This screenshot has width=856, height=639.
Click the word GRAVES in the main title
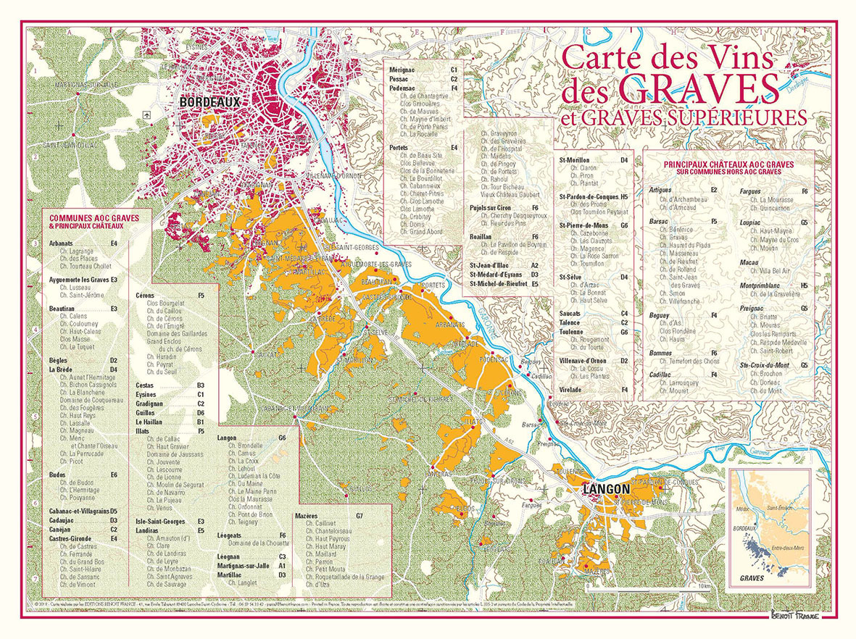point(699,89)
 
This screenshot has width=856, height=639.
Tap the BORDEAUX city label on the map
point(209,104)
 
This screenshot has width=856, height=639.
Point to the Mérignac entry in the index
point(402,69)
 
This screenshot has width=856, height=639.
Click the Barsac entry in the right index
point(659,221)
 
